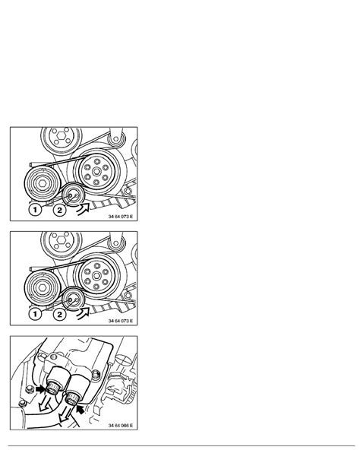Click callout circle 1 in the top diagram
(x=35, y=210)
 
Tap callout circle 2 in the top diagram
(x=60, y=210)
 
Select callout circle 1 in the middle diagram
(x=35, y=314)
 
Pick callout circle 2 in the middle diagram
(x=60, y=315)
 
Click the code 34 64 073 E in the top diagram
(x=120, y=217)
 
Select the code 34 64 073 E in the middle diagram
(x=120, y=321)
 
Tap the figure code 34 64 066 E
(x=120, y=426)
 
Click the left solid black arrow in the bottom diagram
(x=40, y=388)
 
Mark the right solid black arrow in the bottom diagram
(x=81, y=410)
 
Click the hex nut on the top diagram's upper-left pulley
(x=62, y=135)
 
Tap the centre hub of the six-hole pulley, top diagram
(x=96, y=172)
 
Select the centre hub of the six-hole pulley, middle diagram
(x=96, y=276)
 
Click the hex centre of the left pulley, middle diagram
(x=43, y=287)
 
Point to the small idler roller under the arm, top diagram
(x=115, y=138)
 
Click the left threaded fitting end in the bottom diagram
(x=53, y=388)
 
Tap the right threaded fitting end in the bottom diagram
(x=72, y=398)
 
